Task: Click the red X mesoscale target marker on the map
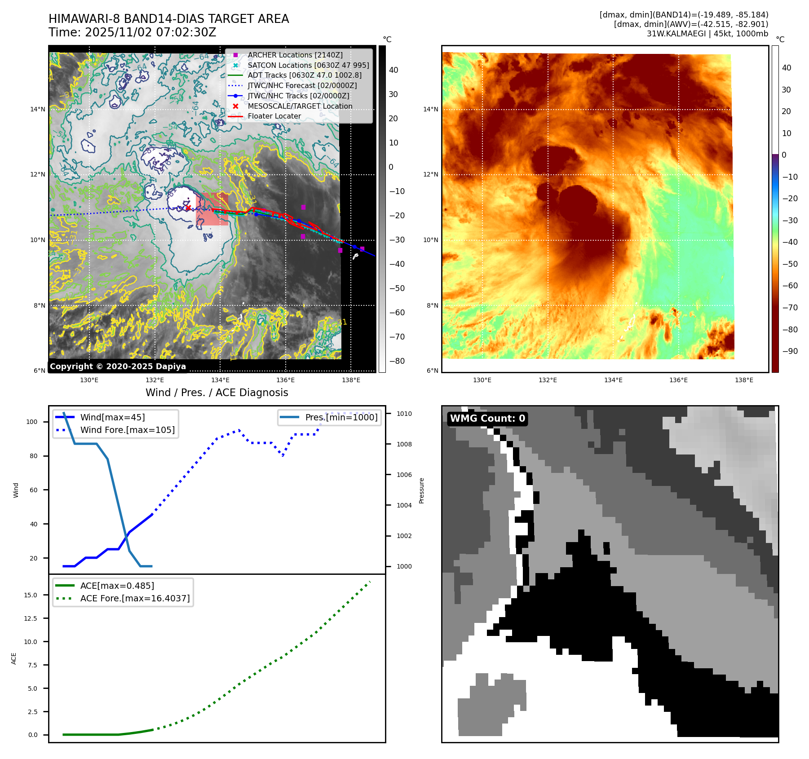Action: click(x=188, y=207)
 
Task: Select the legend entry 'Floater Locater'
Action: click(x=274, y=116)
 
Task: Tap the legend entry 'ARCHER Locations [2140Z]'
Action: click(x=295, y=55)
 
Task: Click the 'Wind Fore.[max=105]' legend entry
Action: click(x=127, y=430)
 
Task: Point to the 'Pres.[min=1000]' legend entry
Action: click(x=341, y=418)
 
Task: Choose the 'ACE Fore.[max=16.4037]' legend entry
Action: click(x=135, y=599)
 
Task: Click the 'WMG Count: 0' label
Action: click(x=487, y=419)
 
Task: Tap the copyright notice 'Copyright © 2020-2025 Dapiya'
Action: click(x=118, y=366)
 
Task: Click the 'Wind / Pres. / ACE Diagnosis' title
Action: click(x=217, y=393)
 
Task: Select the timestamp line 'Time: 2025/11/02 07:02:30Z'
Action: click(x=133, y=33)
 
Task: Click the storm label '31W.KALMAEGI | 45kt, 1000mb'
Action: click(x=707, y=34)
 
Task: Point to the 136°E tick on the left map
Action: click(x=285, y=380)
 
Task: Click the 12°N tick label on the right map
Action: click(x=430, y=175)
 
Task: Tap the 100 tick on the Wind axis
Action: click(x=32, y=422)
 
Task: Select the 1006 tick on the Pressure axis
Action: click(x=404, y=475)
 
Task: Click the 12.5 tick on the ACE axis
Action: click(x=31, y=619)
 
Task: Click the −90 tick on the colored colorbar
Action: click(x=790, y=352)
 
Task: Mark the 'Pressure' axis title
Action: click(x=421, y=490)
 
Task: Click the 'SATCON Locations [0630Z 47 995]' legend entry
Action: click(x=308, y=66)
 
